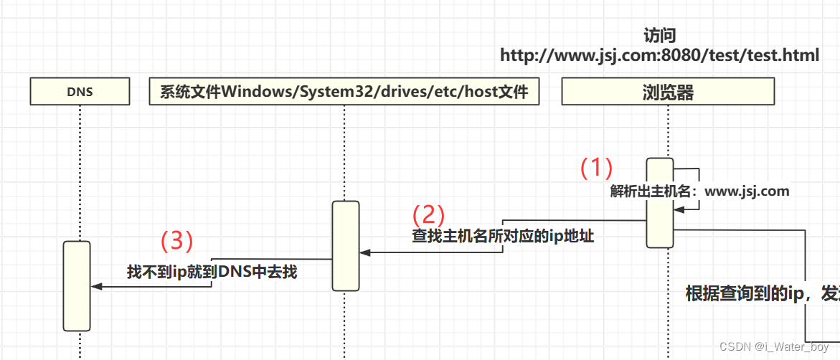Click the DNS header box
tap(80, 92)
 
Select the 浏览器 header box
tap(668, 92)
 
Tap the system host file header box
tap(344, 92)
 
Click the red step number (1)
tap(596, 168)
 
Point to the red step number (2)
tap(428, 214)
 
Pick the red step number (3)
tap(176, 240)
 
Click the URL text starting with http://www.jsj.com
tap(659, 55)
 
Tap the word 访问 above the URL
tap(659, 35)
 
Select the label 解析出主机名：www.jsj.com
tap(699, 191)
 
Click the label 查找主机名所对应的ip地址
tap(503, 236)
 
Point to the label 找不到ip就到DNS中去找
tap(212, 272)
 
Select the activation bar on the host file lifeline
tap(345, 246)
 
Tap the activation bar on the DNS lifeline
tap(76, 285)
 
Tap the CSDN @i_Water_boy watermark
tap(774, 347)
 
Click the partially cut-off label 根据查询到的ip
tap(760, 293)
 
